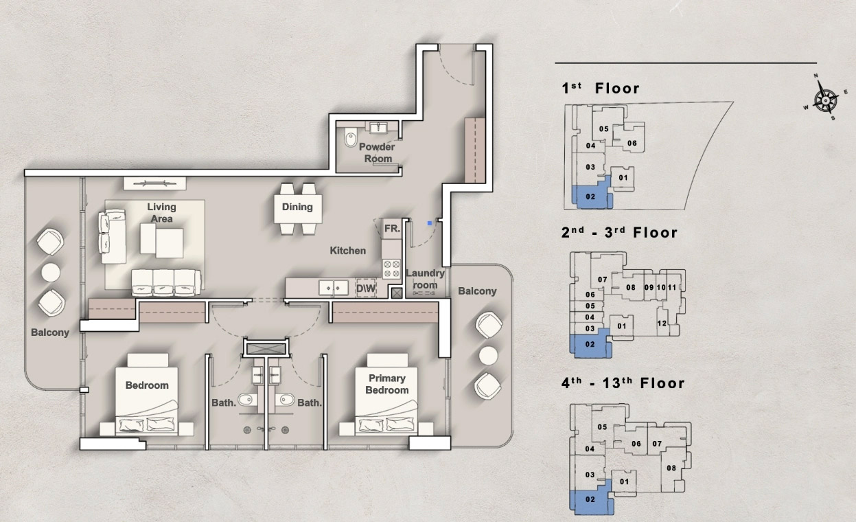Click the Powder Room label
point(377,152)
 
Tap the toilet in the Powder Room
point(351,137)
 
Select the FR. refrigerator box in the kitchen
point(392,228)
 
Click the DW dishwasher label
point(366,289)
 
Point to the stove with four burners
point(392,268)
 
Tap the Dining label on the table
point(297,207)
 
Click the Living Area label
point(161,212)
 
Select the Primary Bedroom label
point(387,384)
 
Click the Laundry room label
point(426,279)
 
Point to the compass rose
point(824,100)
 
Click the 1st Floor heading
point(601,88)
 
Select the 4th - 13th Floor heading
point(623,383)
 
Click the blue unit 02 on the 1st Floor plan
point(590,197)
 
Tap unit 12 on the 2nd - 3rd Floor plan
point(662,324)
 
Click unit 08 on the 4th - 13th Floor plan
point(671,468)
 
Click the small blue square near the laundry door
point(430,223)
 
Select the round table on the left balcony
point(51,272)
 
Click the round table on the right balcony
point(488,354)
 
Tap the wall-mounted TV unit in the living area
point(154,182)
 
